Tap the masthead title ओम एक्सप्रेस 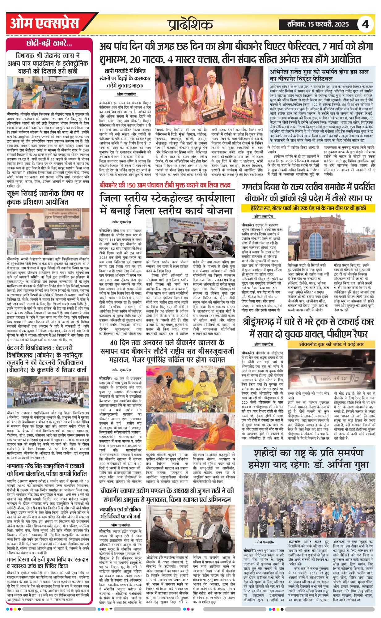tap(45, 23)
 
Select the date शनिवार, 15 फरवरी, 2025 tap(318, 24)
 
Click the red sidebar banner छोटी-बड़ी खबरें tap(49, 43)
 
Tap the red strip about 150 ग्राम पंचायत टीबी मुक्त tap(165, 185)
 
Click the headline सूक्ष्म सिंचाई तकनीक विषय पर tap(45, 198)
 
